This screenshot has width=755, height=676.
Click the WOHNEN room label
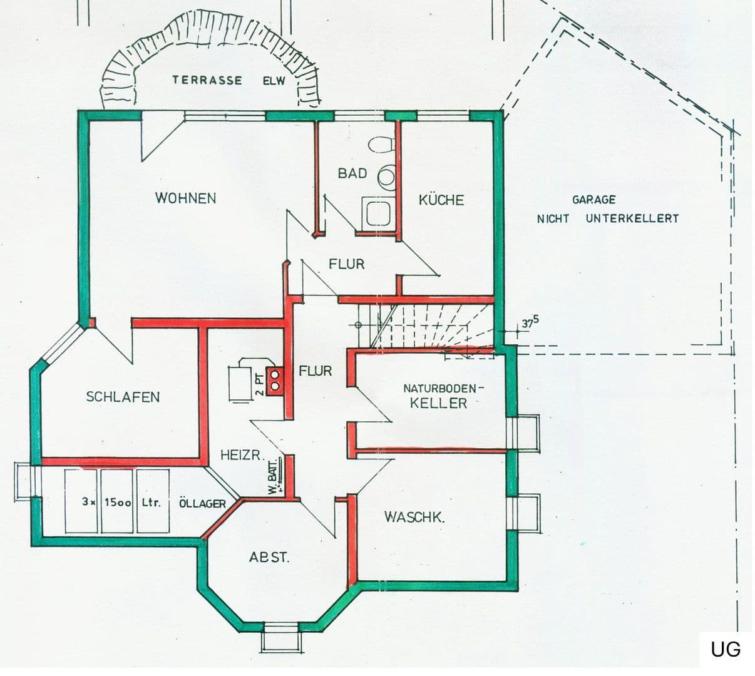point(185,198)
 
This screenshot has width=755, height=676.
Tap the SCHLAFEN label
point(123,397)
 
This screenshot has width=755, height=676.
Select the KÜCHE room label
point(441,200)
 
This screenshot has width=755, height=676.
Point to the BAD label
point(352,173)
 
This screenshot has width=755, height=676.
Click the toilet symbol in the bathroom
point(380,145)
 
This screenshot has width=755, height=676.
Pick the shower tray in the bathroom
point(377,213)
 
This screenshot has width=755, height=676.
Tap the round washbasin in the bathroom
point(386,177)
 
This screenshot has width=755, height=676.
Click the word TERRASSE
point(207,80)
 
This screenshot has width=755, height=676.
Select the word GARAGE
point(593,200)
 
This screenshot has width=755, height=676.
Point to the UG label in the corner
point(725,649)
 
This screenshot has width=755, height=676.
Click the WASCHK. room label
point(414,517)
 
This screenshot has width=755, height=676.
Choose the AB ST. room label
point(269,558)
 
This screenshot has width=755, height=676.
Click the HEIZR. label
point(240,455)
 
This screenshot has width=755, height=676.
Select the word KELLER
point(438,403)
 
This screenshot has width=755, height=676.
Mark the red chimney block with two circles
point(275,380)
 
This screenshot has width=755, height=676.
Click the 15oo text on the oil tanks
point(117,502)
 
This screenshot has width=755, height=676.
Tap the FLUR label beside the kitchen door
point(346,264)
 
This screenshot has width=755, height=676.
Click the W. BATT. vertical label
point(272,475)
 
